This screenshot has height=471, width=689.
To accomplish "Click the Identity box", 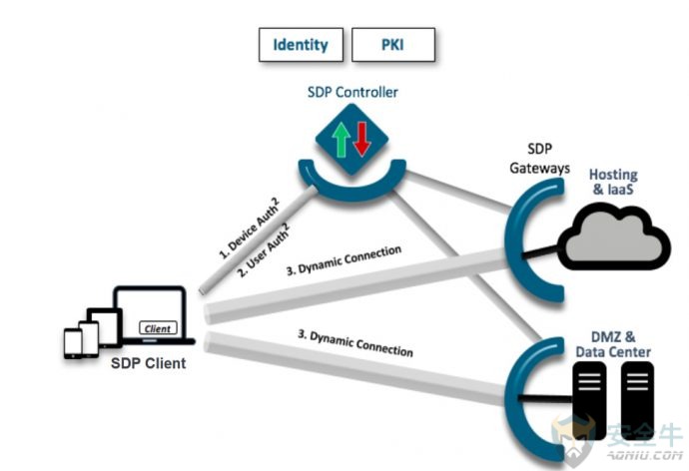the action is click(301, 45).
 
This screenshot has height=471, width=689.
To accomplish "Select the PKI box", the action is click(393, 45).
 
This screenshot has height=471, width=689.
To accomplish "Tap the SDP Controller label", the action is click(352, 92).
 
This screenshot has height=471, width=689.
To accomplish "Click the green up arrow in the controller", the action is click(341, 140).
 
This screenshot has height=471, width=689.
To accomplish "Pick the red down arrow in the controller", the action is click(362, 139).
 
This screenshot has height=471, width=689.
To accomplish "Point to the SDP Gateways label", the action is click(539, 159).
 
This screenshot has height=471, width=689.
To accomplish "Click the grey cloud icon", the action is click(614, 237).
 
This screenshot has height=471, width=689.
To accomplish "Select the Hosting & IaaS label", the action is click(613, 182).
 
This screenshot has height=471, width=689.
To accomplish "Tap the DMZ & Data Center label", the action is click(613, 344).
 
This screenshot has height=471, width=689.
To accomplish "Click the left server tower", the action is click(589, 400).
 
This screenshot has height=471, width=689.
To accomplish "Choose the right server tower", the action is click(637, 400).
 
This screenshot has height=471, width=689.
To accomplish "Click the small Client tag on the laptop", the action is click(158, 328).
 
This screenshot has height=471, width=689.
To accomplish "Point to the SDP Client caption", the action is click(149, 363).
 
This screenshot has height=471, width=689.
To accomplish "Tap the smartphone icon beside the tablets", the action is click(73, 343).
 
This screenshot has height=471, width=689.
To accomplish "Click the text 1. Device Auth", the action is click(249, 229).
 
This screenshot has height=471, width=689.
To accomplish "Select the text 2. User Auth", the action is click(265, 250).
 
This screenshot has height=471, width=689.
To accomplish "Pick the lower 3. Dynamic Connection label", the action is click(355, 343).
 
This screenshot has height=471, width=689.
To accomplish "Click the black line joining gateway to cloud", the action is click(539, 251).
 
